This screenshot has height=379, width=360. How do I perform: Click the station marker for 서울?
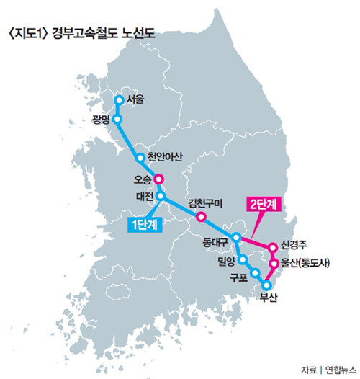119,100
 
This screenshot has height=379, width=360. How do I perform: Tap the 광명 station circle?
117,119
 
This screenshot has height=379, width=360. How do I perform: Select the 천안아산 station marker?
140,158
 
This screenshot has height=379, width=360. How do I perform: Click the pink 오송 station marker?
159,179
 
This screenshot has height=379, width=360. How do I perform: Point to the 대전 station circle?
161,195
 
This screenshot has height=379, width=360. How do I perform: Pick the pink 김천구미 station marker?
201,217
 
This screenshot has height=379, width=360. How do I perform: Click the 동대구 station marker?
237,238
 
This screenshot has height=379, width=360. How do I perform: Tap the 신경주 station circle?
273,248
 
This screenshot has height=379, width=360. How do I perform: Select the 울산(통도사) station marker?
274,263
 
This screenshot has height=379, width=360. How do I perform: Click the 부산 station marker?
266,286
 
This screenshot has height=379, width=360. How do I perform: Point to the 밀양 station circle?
243,259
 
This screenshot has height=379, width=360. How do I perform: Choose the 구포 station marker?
256,273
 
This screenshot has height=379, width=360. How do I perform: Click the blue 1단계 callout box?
145,225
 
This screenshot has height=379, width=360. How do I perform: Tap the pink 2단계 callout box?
264,204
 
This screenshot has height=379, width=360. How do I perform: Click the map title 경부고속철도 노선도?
104,33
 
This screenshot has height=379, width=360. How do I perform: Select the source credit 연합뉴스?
341,370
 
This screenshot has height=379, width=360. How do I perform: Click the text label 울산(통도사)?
305,263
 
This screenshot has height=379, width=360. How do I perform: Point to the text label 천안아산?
165,157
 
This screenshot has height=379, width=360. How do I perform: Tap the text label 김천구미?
206,203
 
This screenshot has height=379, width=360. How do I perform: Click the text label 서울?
135,99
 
